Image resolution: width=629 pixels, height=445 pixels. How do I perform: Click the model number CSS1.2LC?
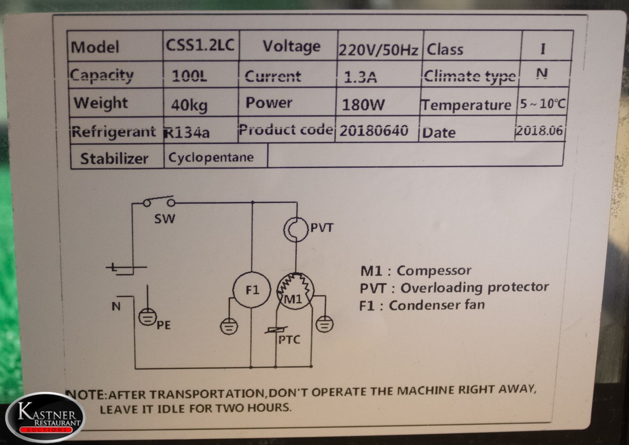click(x=200, y=45)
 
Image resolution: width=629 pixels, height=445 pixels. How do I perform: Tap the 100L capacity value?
click(x=189, y=76)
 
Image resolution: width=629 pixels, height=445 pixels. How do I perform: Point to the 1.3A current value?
click(x=360, y=77)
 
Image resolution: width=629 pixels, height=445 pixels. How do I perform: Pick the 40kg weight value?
click(x=189, y=105)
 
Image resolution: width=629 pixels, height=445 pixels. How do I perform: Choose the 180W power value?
click(x=363, y=105)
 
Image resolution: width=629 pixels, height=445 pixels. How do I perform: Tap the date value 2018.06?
click(x=540, y=130)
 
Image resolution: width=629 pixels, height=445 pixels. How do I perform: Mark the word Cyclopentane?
click(x=211, y=157)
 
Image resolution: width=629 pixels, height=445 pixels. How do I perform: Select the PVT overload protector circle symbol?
click(x=296, y=229)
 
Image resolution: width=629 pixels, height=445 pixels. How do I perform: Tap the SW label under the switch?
click(x=165, y=219)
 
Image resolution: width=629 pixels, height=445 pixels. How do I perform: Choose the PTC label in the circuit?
click(x=289, y=340)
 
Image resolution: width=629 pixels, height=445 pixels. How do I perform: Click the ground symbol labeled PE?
click(x=147, y=317)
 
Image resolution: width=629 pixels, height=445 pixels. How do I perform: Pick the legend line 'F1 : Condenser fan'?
click(x=422, y=305)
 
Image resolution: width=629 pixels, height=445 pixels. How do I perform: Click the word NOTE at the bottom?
click(x=85, y=395)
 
